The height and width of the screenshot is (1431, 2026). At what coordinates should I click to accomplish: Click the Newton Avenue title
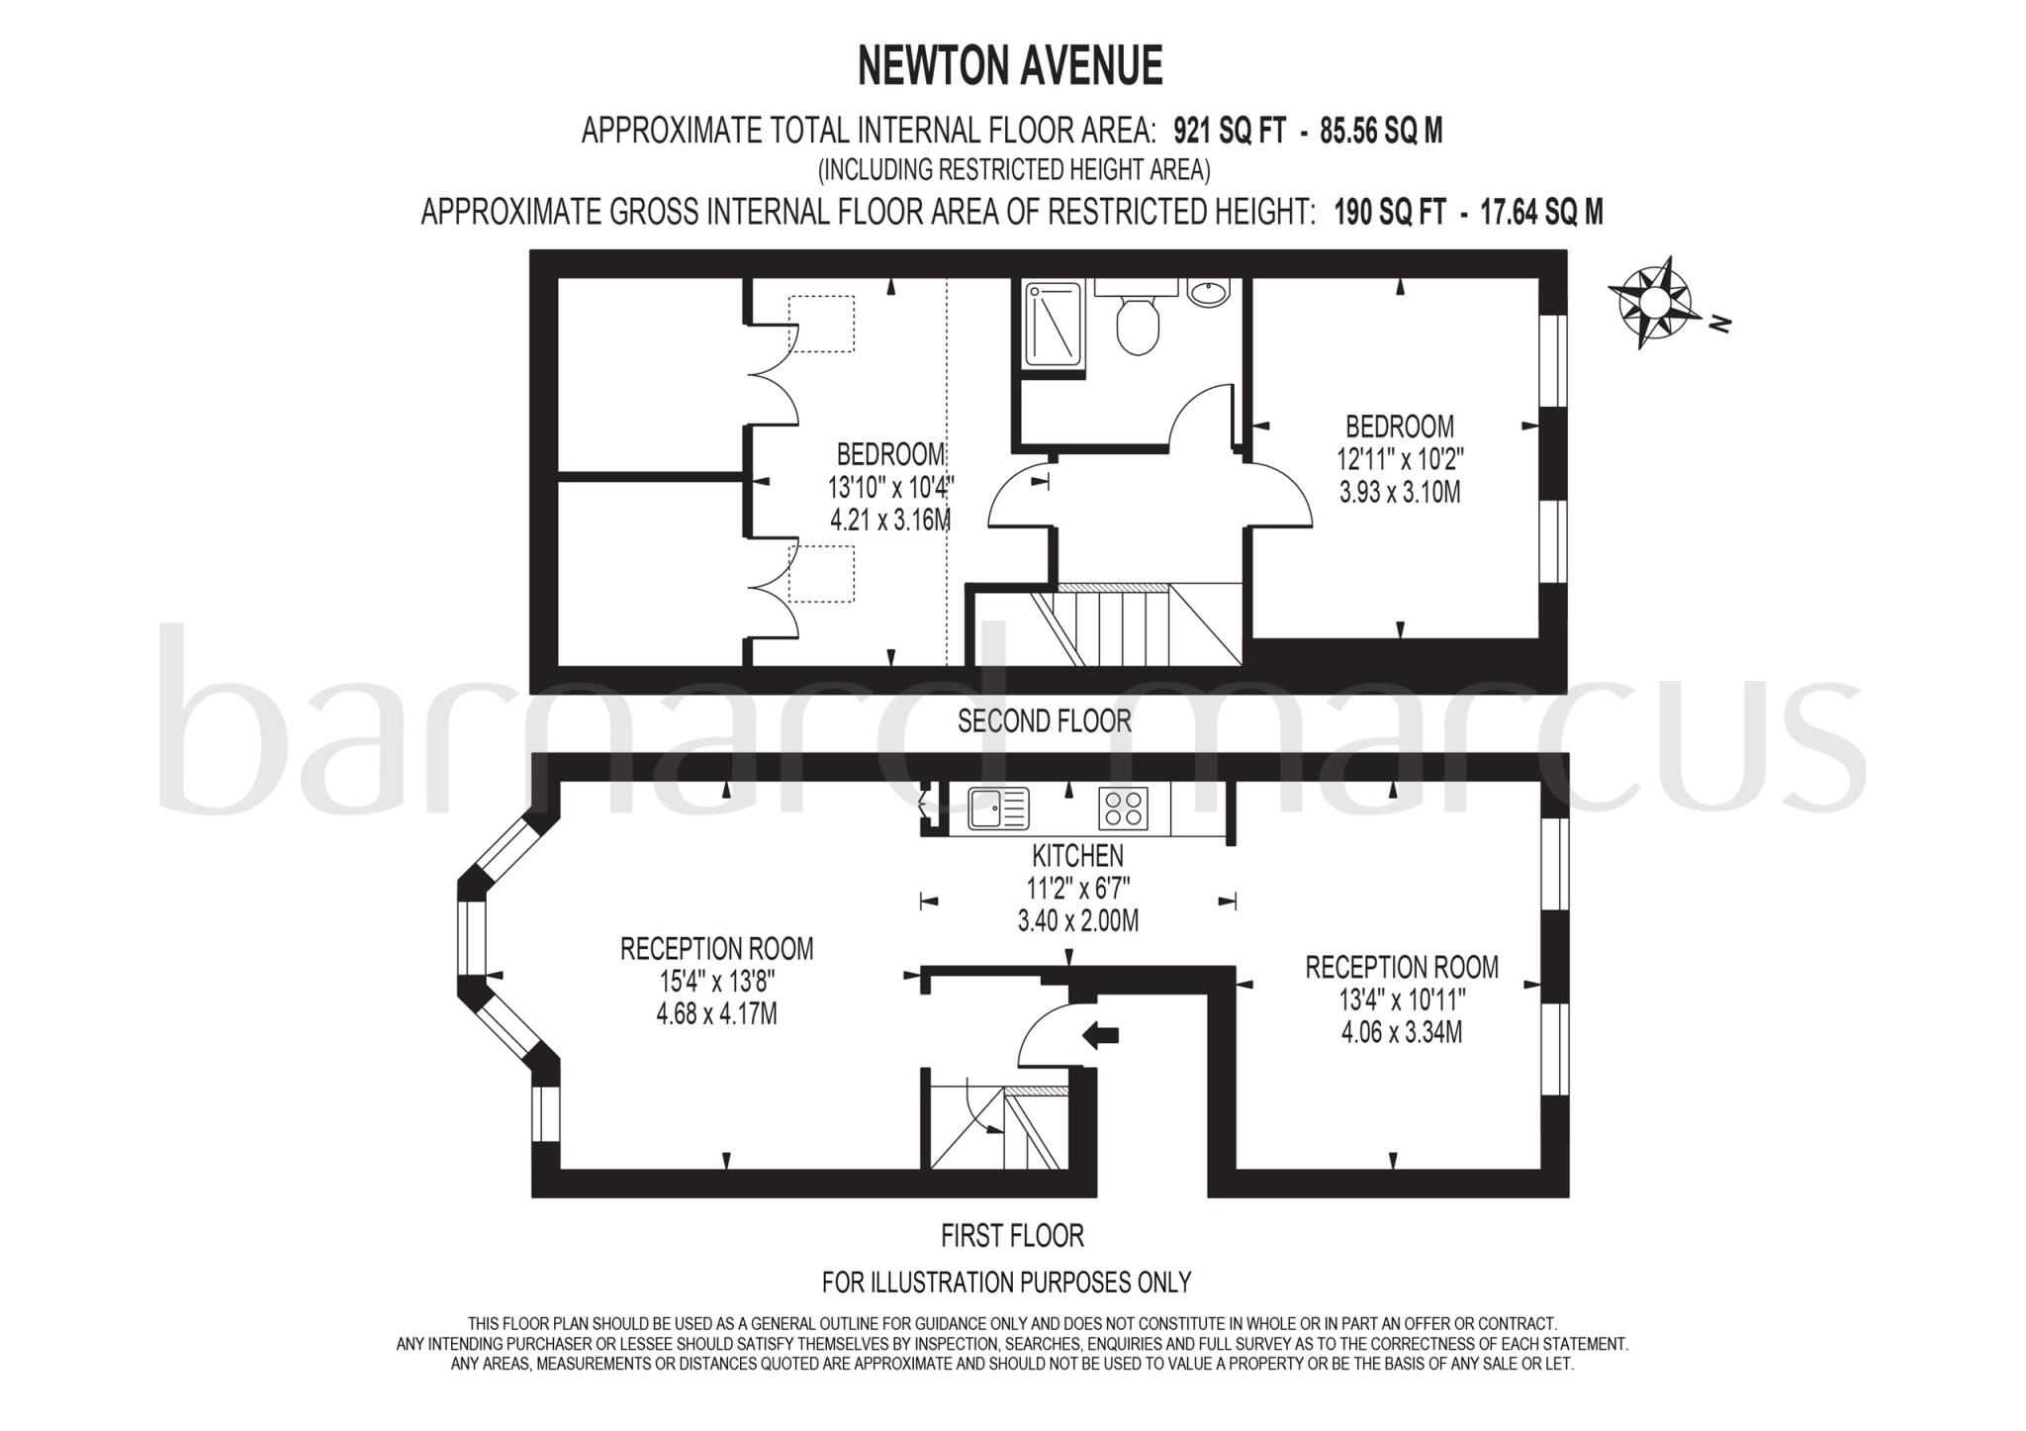1010,66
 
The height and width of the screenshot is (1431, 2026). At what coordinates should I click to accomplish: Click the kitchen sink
998,808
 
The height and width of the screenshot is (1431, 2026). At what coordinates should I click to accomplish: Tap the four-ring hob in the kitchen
1123,808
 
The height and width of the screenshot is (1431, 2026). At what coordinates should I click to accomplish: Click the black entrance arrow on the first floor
1100,1035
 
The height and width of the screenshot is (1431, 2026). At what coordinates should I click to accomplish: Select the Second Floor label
1044,721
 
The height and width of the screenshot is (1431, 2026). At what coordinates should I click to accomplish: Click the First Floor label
1012,1236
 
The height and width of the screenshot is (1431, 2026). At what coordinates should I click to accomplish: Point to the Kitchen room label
1077,855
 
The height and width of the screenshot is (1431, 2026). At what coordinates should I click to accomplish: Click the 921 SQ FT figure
1230,131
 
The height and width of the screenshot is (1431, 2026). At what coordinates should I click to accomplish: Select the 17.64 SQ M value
1540,212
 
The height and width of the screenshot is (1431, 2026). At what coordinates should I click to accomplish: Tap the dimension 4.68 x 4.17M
716,1014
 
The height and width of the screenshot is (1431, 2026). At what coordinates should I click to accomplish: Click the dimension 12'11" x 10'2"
1400,459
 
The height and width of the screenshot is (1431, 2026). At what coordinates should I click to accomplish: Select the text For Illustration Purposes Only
1006,1283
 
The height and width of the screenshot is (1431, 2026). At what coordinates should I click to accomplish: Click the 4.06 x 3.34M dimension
1401,1032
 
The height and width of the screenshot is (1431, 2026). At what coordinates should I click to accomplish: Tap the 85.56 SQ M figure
1381,131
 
